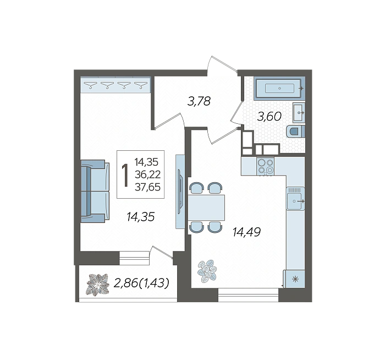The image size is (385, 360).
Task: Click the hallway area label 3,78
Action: coord(199,101)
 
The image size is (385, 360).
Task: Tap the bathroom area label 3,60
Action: coord(269,117)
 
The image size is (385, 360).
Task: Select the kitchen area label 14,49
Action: coord(246,232)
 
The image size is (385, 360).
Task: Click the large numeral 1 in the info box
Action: coord(125,175)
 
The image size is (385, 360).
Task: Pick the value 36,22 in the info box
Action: coord(147,174)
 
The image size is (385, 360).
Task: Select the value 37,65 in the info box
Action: coord(147,187)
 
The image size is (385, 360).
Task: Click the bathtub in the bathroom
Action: coord(279,88)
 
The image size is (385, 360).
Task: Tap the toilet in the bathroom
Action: coord(296,131)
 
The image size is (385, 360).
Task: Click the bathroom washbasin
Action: coord(299,112)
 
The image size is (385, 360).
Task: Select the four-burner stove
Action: coord(266,166)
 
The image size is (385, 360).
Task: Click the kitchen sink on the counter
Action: coord(295,199)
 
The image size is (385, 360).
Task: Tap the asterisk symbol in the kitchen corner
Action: coord(295,279)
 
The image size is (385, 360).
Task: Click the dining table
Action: coord(206,208)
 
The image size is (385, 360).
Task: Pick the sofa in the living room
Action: coord(95,191)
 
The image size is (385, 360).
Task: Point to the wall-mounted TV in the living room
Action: coord(180,192)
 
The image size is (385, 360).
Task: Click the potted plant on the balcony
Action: coord(98,285)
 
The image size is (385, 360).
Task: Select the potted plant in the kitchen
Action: coord(207,271)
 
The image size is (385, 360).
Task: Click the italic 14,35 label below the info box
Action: coord(141,217)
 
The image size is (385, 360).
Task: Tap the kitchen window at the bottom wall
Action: coord(248,295)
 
